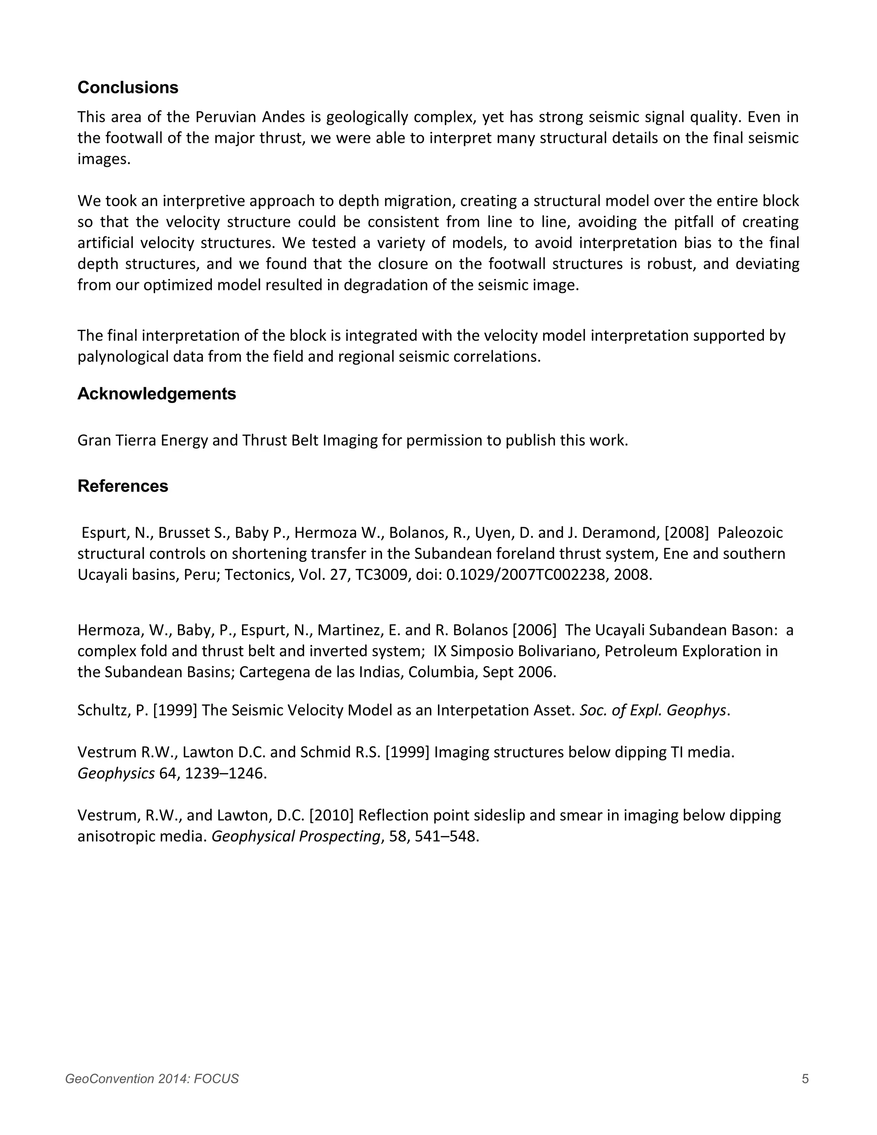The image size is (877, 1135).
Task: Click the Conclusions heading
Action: [x=128, y=87]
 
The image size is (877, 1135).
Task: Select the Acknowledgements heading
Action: [x=156, y=394]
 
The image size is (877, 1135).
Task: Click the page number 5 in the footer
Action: [x=805, y=1079]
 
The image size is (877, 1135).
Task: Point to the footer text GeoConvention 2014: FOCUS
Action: [x=152, y=1079]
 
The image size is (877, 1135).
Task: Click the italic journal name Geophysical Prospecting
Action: [x=295, y=836]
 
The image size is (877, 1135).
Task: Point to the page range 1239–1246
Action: [x=225, y=773]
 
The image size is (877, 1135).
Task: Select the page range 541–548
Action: [x=445, y=836]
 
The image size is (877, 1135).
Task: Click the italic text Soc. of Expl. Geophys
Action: [x=653, y=710]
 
